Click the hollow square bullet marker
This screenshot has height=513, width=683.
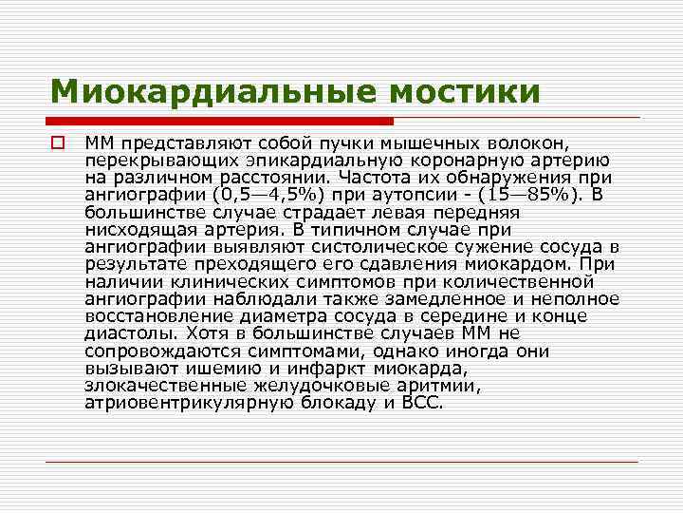click(x=58, y=143)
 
